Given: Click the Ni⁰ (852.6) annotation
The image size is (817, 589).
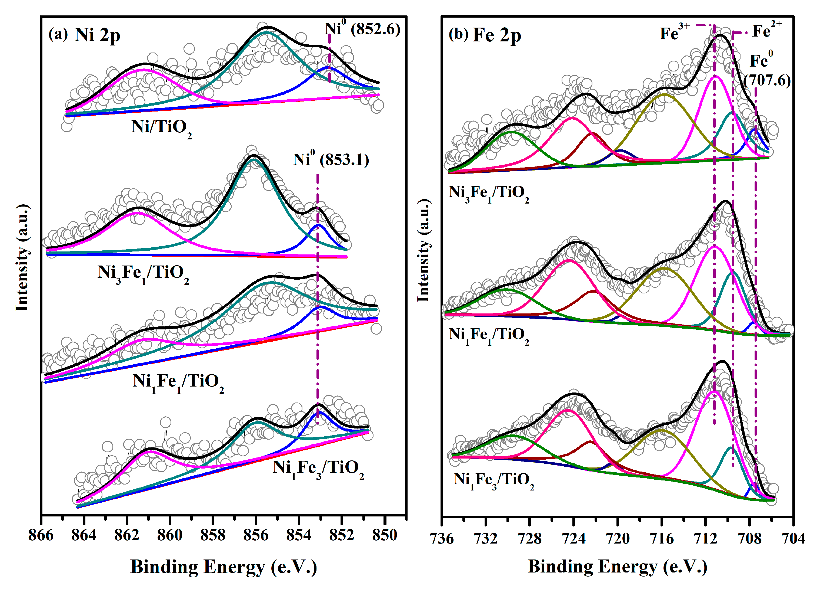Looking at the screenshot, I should coord(362,28).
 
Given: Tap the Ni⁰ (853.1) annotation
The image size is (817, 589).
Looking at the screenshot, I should coord(331,159).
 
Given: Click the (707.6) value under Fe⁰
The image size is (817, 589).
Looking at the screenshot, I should coord(767,80).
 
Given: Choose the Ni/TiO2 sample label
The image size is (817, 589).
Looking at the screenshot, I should coord(161,128).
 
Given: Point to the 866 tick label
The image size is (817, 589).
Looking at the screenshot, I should coord(41,535).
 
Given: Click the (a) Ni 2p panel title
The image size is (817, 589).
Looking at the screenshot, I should coord(84,35).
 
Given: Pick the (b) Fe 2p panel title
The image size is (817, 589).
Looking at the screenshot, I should coord(485,35).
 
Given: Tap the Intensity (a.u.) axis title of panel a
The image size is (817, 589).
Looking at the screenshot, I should coord(22,257).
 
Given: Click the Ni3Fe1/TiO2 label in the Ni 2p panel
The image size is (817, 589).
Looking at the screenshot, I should coord(143,273).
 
